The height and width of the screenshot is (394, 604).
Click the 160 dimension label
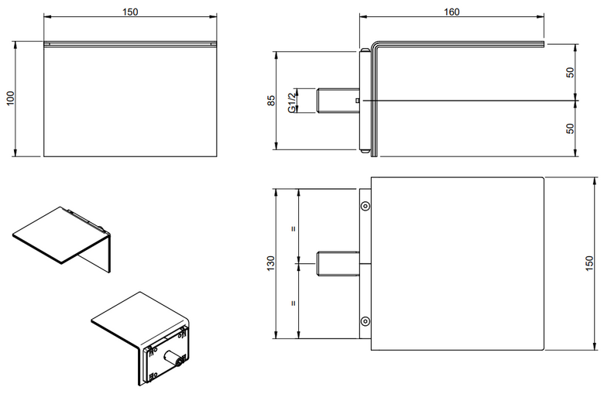point(451,12)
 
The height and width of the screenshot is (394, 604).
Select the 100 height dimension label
point(10,98)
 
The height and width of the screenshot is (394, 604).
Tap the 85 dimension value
point(272,101)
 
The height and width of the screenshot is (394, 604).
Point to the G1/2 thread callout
point(293,101)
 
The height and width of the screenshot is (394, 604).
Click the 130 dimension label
point(271,263)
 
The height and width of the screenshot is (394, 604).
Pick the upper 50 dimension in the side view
point(570,73)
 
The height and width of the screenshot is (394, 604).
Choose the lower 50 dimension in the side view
point(570,128)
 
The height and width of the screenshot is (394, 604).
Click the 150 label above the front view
point(130,12)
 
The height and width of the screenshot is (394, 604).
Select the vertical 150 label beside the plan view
point(590,263)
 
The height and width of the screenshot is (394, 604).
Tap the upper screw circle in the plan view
point(365,206)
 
